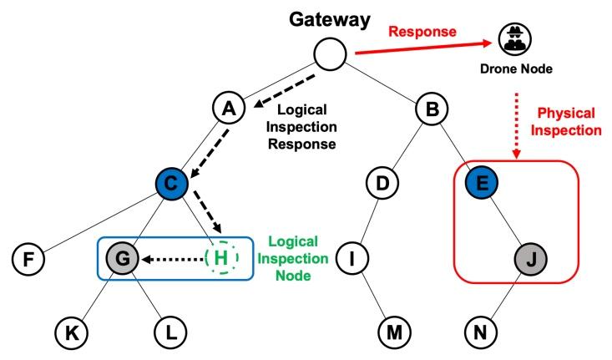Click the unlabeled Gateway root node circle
(x=331, y=56)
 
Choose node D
(x=382, y=183)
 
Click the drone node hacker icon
(x=512, y=38)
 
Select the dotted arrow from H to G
(x=170, y=259)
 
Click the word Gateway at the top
(x=331, y=18)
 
